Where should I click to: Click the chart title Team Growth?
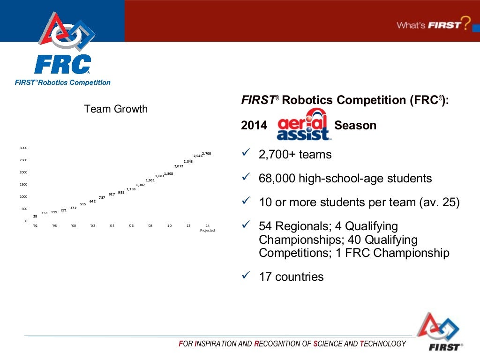(115, 109)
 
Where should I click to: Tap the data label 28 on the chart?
(35, 216)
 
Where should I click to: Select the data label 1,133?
(131, 189)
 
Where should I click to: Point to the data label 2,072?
(179, 166)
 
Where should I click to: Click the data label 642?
(92, 201)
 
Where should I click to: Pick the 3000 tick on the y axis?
(23, 148)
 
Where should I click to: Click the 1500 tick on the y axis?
(23, 184)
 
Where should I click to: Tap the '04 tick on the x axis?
(112, 225)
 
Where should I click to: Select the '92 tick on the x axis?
(35, 225)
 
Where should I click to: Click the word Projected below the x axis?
(207, 230)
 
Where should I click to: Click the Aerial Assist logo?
(303, 125)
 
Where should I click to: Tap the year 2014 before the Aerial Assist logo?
(254, 126)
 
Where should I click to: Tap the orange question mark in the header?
(465, 23)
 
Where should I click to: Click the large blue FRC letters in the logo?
(62, 64)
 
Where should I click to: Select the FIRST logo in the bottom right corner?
(439, 332)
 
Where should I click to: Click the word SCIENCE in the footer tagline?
(327, 344)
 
